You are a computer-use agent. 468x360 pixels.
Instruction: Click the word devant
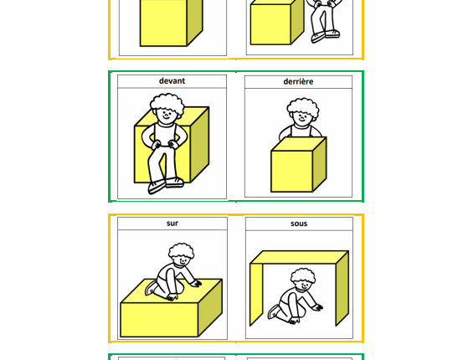click(x=172, y=81)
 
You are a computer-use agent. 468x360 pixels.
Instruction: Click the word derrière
click(x=298, y=81)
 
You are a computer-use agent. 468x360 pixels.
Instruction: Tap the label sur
click(x=172, y=224)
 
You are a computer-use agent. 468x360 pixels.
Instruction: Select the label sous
click(x=299, y=224)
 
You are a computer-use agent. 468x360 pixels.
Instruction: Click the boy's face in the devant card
click(x=166, y=116)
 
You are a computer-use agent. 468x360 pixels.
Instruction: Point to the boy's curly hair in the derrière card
click(x=303, y=106)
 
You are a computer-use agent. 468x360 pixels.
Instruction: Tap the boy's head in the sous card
click(x=303, y=280)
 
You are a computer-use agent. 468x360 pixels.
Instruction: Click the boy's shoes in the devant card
click(x=166, y=185)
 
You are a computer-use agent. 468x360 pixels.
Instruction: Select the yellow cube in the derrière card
click(x=299, y=164)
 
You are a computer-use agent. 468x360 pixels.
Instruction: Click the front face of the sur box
click(x=159, y=320)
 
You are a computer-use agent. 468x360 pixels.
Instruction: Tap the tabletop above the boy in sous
click(x=299, y=257)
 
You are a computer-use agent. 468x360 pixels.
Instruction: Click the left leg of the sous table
click(x=256, y=294)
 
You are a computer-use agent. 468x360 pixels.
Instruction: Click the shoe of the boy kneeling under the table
click(x=274, y=311)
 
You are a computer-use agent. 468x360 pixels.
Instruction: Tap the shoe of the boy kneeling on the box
click(x=151, y=288)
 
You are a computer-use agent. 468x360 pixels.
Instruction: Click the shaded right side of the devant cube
click(x=200, y=144)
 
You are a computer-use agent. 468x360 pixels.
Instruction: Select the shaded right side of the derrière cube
click(x=320, y=164)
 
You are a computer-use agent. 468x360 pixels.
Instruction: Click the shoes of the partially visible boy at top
click(x=326, y=36)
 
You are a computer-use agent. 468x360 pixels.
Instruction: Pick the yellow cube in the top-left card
click(x=171, y=23)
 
